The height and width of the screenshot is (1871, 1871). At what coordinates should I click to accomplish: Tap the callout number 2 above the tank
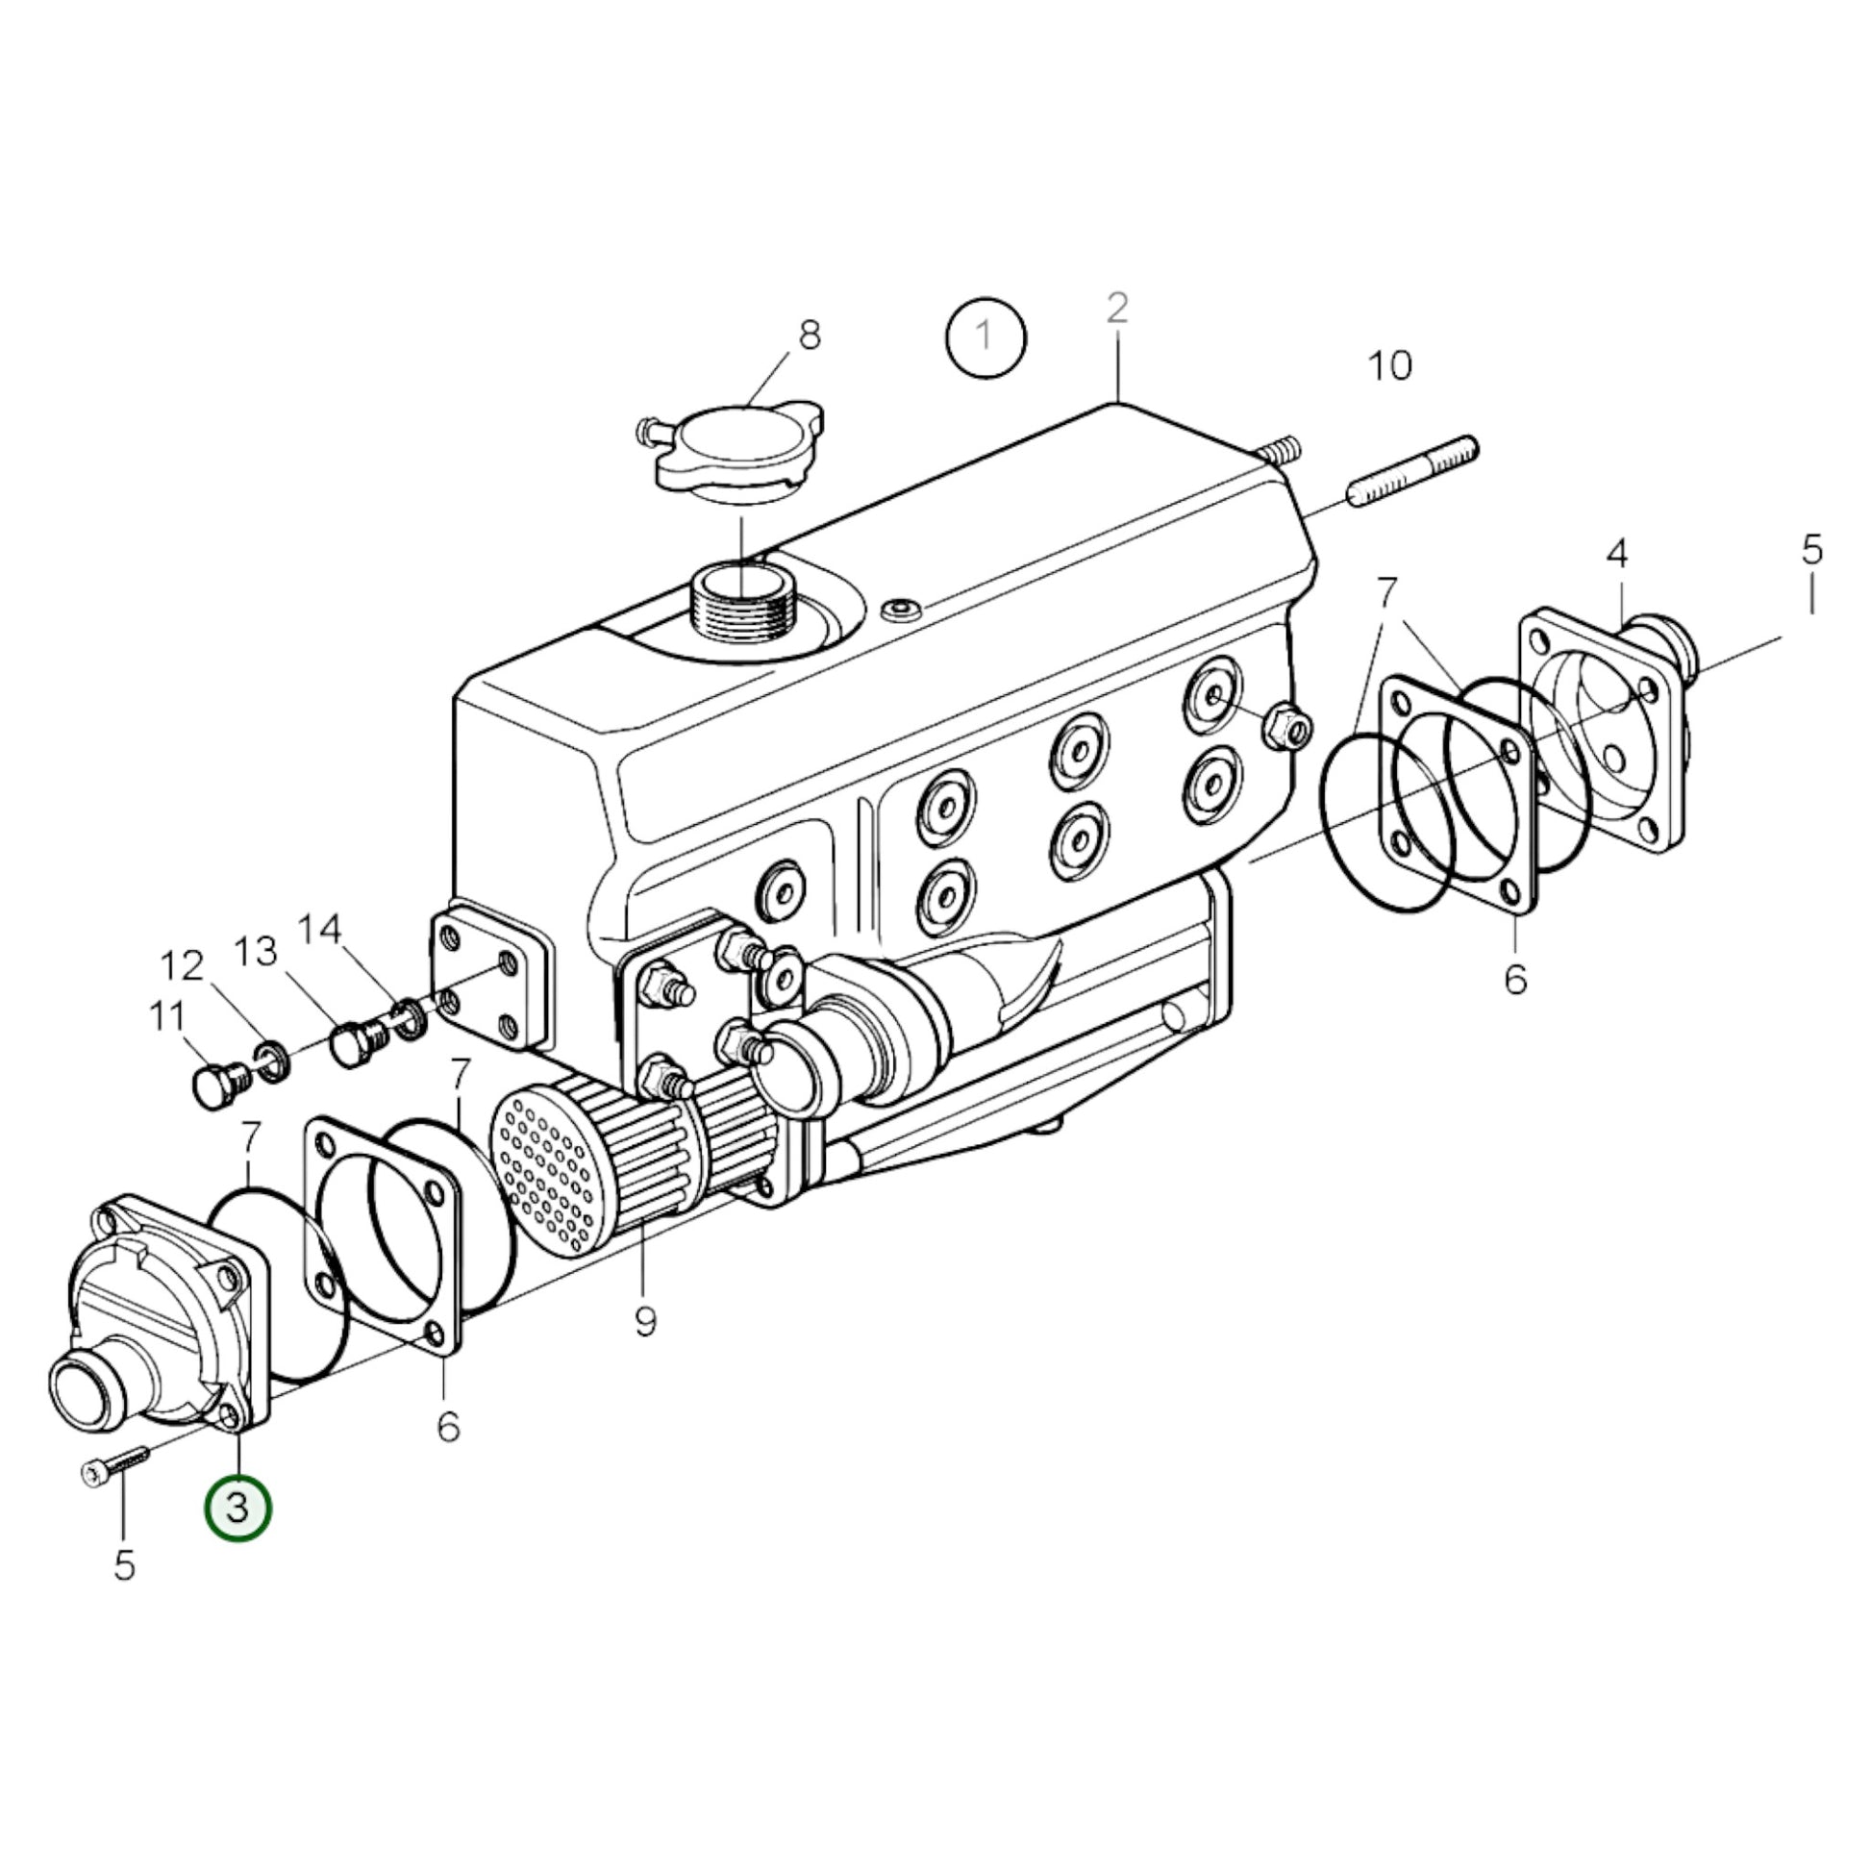1116,309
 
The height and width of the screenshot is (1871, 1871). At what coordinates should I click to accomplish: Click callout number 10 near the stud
1388,365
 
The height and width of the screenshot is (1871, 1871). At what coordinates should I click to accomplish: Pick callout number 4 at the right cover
1616,554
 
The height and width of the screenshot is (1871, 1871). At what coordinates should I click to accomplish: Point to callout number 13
256,951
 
